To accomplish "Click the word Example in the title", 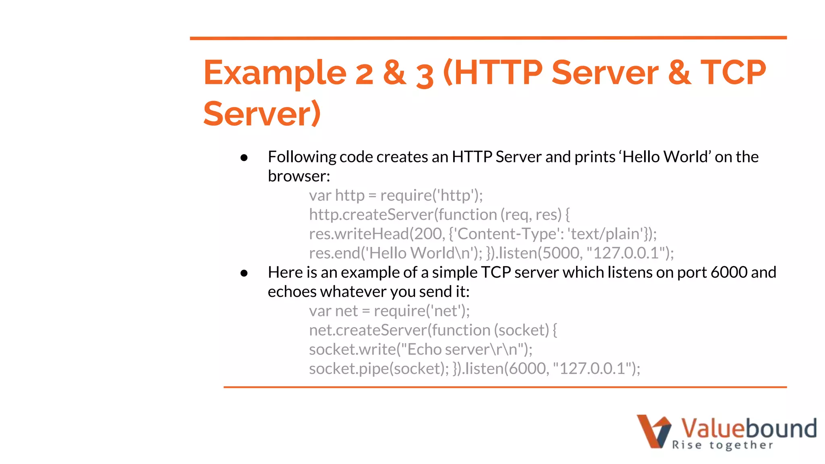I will click(275, 73).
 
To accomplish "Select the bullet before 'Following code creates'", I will click(244, 157).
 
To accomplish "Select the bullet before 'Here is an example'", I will click(244, 273).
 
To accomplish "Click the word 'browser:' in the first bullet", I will click(299, 176).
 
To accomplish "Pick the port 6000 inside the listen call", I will click(527, 369).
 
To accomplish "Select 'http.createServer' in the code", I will click(371, 215).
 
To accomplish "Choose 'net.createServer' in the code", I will click(368, 330).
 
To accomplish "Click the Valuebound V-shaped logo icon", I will click(653, 431).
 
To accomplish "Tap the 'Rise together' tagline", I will click(722, 445).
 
